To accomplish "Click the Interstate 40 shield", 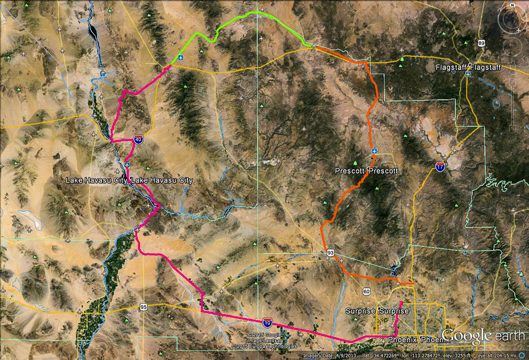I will coord(138,140).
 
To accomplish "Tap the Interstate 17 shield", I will coord(440,167).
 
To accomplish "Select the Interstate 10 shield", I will coord(267,321).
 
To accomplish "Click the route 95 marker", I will coord(143,307).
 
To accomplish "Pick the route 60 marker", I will coord(366,291).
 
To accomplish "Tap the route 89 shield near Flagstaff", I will coord(482,43).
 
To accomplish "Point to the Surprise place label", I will coord(377,311).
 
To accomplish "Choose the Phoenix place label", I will coord(419,340).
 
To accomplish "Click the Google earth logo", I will coord(482,335).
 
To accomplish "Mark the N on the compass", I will coord(511,7).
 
